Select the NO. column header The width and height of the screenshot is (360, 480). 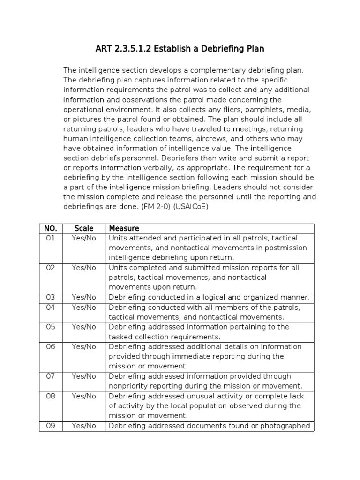click(50, 228)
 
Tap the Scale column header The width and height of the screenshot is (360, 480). click(84, 228)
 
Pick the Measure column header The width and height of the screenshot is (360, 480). click(124, 228)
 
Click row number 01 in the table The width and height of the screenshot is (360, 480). click(50, 238)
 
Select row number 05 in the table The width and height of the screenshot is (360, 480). click(50, 327)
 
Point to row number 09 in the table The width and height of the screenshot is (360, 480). click(50, 426)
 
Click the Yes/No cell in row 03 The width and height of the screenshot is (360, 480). click(84, 297)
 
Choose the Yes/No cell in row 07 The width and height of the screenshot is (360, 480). click(84, 376)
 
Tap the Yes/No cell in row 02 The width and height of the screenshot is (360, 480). click(84, 268)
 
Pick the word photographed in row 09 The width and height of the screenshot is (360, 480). click(286, 426)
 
